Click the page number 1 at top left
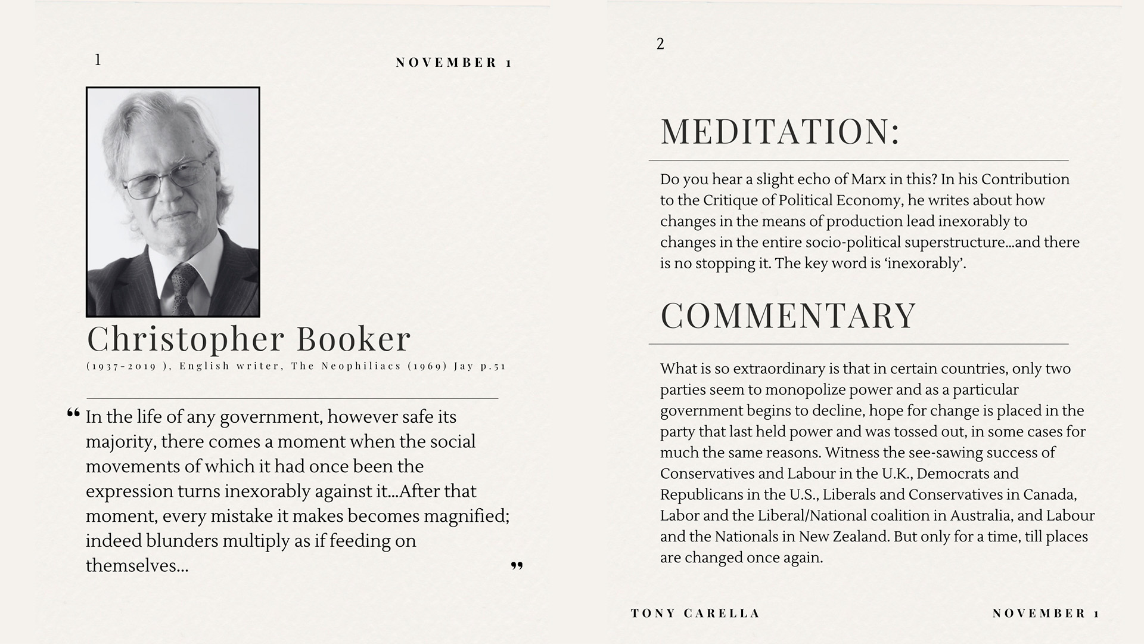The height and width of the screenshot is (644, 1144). coord(98,60)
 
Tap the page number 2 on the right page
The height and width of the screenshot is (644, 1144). coord(660,44)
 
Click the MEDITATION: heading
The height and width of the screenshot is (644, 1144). coord(779,132)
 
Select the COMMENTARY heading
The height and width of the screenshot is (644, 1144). coord(788,315)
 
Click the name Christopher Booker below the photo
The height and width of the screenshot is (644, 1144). coord(248,339)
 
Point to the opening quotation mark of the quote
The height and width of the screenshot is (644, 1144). coord(73,413)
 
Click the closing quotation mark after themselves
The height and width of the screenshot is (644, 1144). coord(517,565)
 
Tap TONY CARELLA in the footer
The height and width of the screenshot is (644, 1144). coord(695,613)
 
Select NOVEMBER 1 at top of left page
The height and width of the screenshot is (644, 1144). coord(453,63)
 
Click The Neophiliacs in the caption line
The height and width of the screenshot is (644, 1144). coord(346,366)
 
